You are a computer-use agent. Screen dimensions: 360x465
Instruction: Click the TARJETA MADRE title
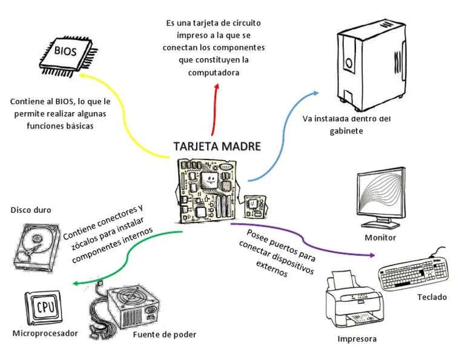(217, 147)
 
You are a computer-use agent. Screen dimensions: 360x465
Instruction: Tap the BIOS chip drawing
(66, 53)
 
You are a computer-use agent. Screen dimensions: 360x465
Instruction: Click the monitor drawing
(384, 197)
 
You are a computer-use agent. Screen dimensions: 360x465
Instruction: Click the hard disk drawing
(37, 245)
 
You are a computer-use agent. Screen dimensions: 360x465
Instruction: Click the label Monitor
(380, 238)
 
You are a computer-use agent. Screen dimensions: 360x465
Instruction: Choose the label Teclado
(432, 297)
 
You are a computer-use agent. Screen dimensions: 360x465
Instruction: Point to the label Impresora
(357, 339)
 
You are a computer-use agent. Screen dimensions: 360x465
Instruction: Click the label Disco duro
(31, 210)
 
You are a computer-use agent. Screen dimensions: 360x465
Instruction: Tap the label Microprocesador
(45, 333)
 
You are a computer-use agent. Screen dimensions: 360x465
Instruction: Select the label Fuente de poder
(164, 335)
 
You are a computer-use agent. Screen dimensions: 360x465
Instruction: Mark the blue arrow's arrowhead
(315, 93)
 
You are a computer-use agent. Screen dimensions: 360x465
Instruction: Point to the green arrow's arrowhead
(74, 283)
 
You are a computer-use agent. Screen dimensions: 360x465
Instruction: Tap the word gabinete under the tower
(346, 130)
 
